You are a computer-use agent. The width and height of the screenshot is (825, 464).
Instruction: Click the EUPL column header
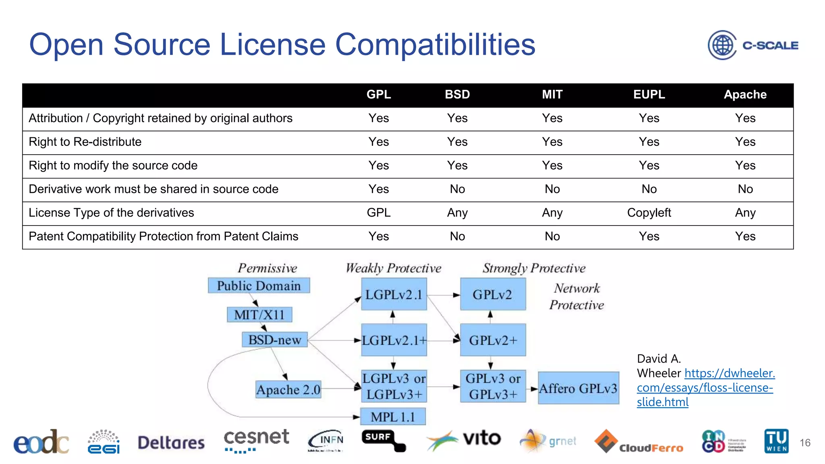point(649,95)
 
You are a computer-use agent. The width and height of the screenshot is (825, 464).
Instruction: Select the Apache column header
point(745,95)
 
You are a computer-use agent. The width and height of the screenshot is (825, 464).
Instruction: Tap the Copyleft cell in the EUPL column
point(649,213)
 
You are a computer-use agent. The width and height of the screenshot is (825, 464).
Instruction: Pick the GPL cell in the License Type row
point(379,213)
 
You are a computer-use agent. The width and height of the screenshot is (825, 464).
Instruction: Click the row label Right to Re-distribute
point(85,142)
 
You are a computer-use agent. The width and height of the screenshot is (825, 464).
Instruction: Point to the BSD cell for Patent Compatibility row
point(457,236)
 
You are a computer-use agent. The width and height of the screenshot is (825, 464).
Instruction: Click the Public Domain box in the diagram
point(259,286)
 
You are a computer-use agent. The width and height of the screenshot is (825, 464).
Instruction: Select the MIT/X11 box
point(259,315)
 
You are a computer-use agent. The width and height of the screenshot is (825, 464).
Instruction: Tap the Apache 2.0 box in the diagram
point(288,389)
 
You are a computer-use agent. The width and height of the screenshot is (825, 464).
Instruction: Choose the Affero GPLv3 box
point(578,388)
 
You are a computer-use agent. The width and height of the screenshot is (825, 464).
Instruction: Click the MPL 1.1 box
point(393,417)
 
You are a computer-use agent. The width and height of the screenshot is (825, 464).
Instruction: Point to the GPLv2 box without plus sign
point(493,295)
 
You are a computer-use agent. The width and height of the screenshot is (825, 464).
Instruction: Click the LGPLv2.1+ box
point(394,340)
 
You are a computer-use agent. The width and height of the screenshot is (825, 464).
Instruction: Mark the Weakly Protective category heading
point(393,268)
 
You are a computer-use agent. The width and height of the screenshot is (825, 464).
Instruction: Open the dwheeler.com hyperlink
point(705,387)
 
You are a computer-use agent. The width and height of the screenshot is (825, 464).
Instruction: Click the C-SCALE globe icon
point(722,45)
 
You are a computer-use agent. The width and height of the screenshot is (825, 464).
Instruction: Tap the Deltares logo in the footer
point(171,443)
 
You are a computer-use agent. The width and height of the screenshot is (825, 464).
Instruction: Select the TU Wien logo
point(776,441)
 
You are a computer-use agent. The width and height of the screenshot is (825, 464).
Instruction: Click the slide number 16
point(805,443)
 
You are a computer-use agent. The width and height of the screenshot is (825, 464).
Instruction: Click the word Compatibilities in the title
point(435,45)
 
